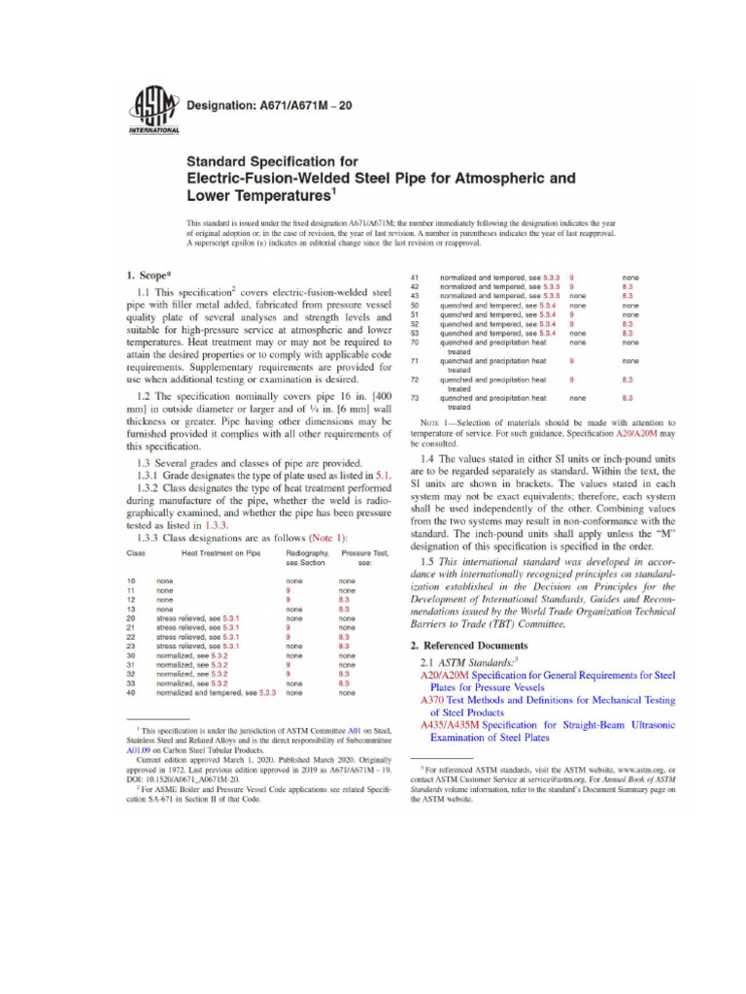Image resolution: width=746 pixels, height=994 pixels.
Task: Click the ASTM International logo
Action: pyautogui.click(x=147, y=113)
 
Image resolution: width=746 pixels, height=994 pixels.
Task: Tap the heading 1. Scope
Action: pyautogui.click(x=148, y=275)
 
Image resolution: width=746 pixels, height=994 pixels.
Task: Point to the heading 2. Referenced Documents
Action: pyautogui.click(x=469, y=645)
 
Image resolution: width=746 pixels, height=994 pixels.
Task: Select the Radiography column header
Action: pyautogui.click(x=306, y=552)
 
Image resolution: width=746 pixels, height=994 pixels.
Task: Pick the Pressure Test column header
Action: pyautogui.click(x=359, y=552)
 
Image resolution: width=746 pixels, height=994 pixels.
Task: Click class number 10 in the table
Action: pyautogui.click(x=131, y=580)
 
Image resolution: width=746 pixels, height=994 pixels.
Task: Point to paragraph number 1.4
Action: pyautogui.click(x=428, y=457)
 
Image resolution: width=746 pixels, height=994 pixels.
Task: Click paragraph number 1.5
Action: pyautogui.click(x=428, y=562)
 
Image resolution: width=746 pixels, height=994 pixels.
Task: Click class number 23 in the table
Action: pyautogui.click(x=131, y=646)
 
